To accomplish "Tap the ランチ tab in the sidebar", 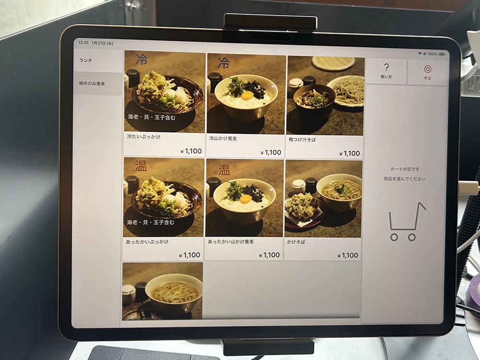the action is (86, 60).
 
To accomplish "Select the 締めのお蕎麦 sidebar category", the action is (92, 83).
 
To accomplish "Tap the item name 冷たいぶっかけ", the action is (144, 137).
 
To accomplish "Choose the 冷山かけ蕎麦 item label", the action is (223, 138).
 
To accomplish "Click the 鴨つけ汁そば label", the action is (302, 140).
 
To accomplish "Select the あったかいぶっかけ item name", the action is (147, 241).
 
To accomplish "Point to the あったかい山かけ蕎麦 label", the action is (231, 241).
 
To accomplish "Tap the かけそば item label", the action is (296, 242).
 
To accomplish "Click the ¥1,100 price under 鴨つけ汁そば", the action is (349, 154).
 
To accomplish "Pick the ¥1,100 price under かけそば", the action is (348, 255).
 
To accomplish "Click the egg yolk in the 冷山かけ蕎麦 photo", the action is (247, 96).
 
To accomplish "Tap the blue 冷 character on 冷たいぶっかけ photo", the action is (142, 60).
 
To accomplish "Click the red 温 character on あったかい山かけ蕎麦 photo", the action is (224, 169).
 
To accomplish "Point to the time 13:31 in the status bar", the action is (83, 43).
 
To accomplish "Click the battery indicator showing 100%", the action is (442, 54).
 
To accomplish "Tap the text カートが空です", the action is (405, 169).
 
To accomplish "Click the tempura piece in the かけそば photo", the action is (301, 206).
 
